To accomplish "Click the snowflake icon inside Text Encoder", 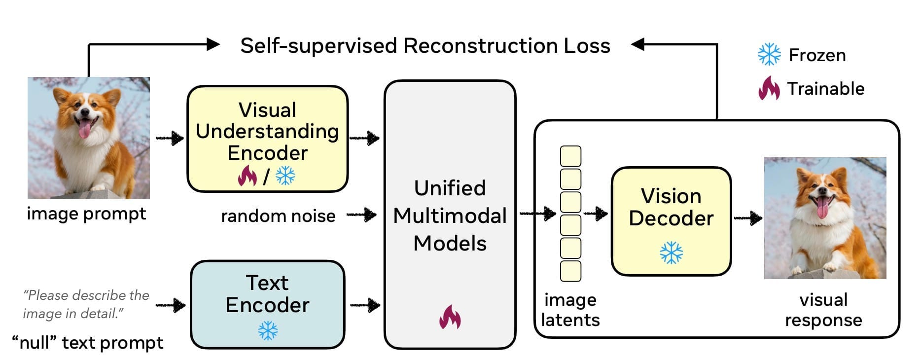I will click(x=268, y=331).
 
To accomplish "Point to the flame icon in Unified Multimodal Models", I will click(x=450, y=317).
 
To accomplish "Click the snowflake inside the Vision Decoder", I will click(x=671, y=252).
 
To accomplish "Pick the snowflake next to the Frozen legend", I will click(x=769, y=54).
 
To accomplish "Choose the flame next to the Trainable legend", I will click(x=769, y=88).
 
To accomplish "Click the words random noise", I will click(x=278, y=216).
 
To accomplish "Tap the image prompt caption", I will click(x=86, y=214).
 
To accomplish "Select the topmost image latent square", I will click(x=570, y=156).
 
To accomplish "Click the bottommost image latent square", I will click(x=570, y=271).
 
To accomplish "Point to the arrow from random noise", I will click(x=361, y=215).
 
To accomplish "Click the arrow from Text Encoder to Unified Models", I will click(x=365, y=305).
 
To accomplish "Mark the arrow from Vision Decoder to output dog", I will click(x=748, y=217).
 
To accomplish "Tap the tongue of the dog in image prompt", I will click(x=85, y=130).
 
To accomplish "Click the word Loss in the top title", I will click(x=587, y=46).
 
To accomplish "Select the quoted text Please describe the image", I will click(x=85, y=304).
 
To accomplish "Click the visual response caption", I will click(x=823, y=310).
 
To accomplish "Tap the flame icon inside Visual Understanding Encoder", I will click(x=247, y=176).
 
